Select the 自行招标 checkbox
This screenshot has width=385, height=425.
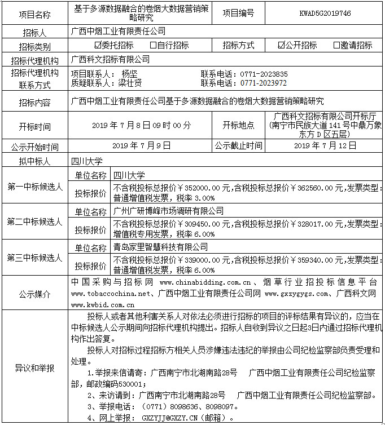pyautogui.click(x=154, y=45)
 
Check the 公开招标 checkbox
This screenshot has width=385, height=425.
pyautogui.click(x=281, y=45)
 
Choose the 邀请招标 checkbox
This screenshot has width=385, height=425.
pyautogui.click(x=336, y=45)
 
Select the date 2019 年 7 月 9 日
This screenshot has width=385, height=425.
pyautogui.click(x=142, y=145)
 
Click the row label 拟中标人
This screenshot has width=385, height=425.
pyautogui.click(x=34, y=161)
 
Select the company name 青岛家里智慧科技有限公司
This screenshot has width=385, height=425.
pyautogui.click(x=160, y=247)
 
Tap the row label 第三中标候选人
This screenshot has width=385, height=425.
pyautogui.click(x=34, y=258)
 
